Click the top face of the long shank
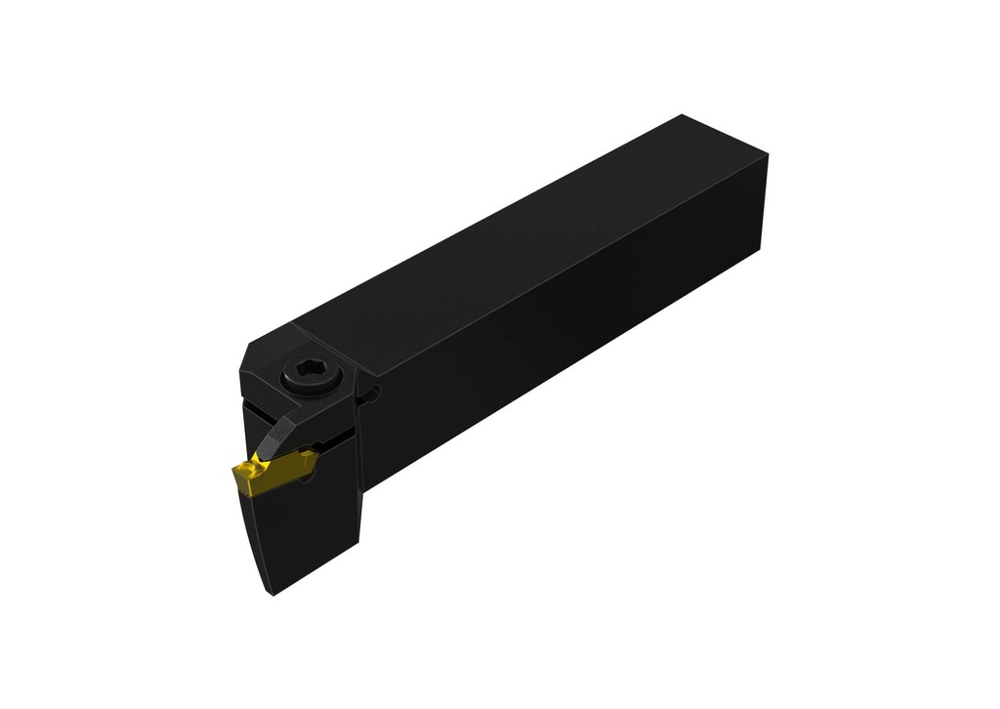pyautogui.click(x=527, y=244)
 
